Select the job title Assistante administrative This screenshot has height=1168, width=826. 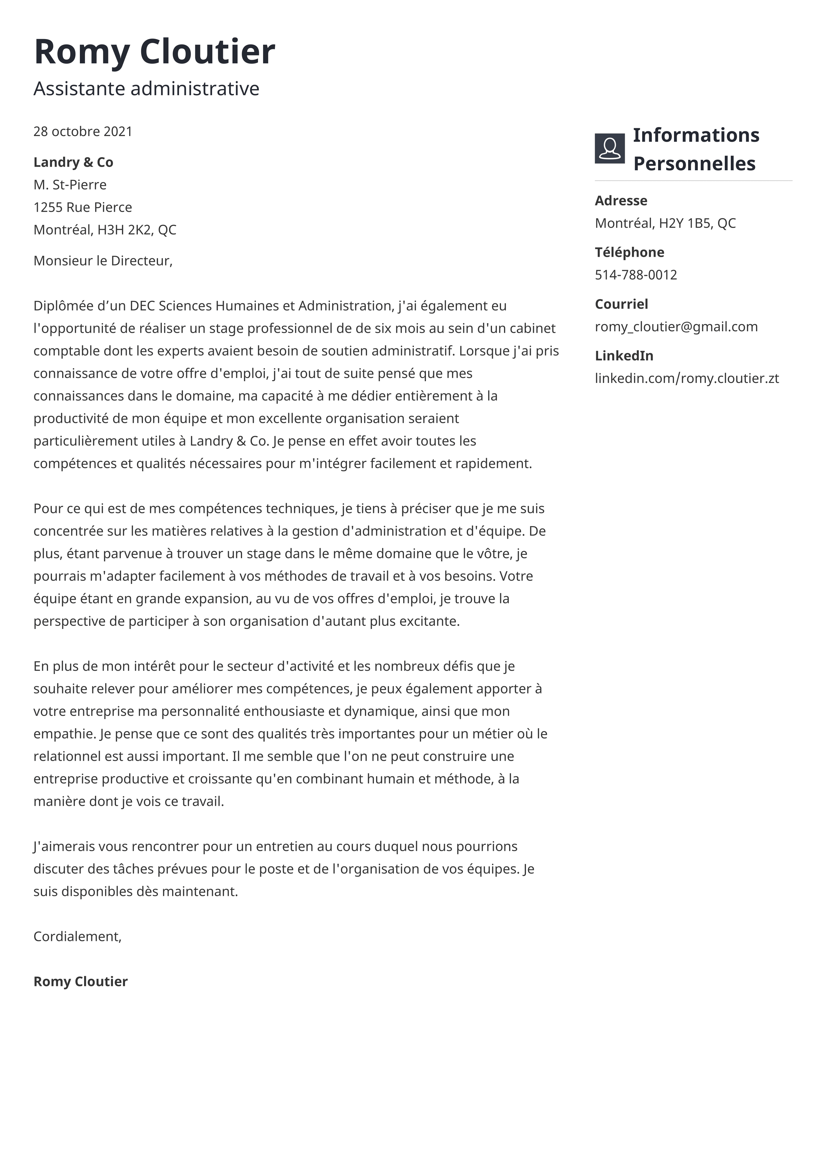(x=147, y=89)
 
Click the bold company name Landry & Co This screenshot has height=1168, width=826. (x=73, y=162)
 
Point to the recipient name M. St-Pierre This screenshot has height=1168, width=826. (x=70, y=185)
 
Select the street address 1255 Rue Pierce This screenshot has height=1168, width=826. (x=83, y=207)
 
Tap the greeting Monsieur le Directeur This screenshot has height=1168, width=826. (x=103, y=261)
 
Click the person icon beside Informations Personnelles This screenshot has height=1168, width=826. (x=609, y=149)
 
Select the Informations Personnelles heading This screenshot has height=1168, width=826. (x=696, y=149)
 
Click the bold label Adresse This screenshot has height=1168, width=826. (x=621, y=200)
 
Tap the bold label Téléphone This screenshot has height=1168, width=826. (x=630, y=252)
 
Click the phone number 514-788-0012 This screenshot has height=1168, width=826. (x=636, y=275)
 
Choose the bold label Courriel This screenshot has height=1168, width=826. (x=621, y=304)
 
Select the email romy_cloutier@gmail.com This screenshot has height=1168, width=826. (x=676, y=326)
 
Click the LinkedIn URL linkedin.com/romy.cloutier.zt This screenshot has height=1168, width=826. (x=687, y=378)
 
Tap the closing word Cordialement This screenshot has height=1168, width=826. (x=77, y=936)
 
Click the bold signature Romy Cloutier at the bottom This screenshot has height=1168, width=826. (x=80, y=982)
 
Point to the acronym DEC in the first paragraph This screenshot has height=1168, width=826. (x=142, y=306)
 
